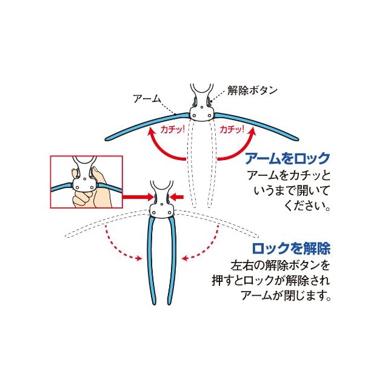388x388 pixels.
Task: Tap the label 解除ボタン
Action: click(252, 90)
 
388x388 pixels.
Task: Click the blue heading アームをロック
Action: click(287, 159)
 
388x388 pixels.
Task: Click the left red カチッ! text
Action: click(172, 129)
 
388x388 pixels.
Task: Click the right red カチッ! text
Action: click(233, 129)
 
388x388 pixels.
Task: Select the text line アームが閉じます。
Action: click(289, 296)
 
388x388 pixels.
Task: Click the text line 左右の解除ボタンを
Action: click(282, 265)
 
